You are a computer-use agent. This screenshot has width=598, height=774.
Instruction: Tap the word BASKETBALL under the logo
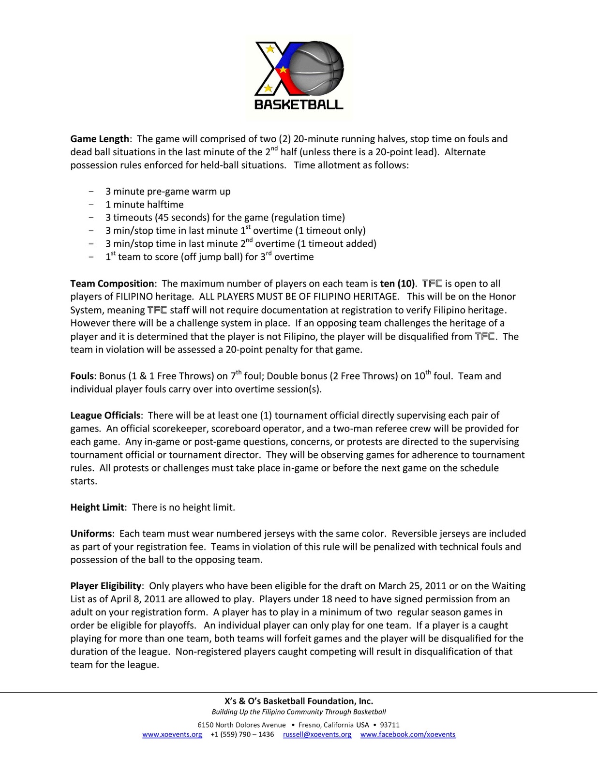pyautogui.click(x=299, y=104)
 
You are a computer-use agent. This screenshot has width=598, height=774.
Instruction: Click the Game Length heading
pyautogui.click(x=100, y=139)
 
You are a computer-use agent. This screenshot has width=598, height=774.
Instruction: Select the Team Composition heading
pyautogui.click(x=112, y=283)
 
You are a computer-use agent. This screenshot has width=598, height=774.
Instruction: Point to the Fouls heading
pyautogui.click(x=82, y=376)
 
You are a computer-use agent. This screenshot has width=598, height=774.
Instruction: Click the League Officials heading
pyautogui.click(x=105, y=415)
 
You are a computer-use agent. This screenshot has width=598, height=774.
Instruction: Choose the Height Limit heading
pyautogui.click(x=98, y=507)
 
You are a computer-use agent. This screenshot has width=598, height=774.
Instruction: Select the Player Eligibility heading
pyautogui.click(x=106, y=586)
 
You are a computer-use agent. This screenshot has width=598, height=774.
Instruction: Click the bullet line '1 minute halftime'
pyautogui.click(x=145, y=205)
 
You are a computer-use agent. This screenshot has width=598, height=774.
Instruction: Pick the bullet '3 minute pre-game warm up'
pyautogui.click(x=168, y=192)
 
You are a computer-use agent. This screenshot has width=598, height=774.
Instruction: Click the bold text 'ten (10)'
pyautogui.click(x=398, y=283)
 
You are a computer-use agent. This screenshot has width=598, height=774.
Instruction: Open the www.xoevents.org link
pyautogui.click(x=172, y=734)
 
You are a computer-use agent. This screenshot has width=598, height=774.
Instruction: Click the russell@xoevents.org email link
pyautogui.click(x=317, y=734)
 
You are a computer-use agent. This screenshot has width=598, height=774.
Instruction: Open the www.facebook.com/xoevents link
pyautogui.click(x=408, y=734)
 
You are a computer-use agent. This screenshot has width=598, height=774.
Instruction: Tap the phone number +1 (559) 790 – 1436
pyautogui.click(x=242, y=734)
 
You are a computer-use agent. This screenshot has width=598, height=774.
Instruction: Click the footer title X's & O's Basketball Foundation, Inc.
pyautogui.click(x=299, y=701)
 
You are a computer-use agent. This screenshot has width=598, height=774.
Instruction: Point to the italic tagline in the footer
pyautogui.click(x=299, y=712)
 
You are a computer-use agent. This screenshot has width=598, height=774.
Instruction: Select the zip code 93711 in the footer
pyautogui.click(x=390, y=725)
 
